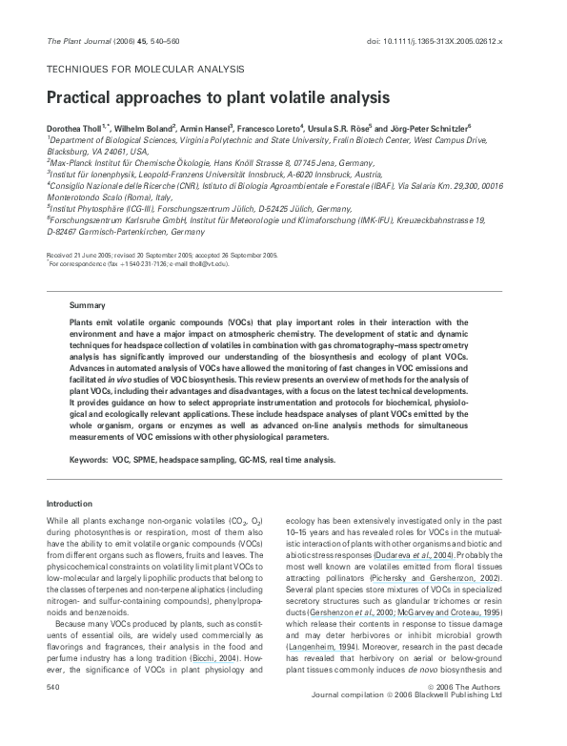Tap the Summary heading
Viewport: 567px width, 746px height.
coord(87,304)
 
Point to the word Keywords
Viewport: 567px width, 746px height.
coord(88,459)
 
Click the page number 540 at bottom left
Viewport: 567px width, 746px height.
coord(54,712)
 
